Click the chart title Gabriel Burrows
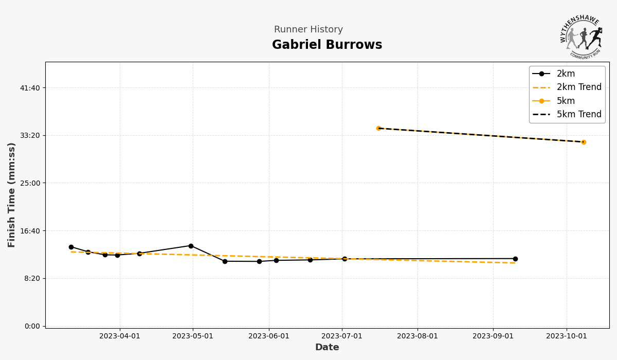pos(327,45)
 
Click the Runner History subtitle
pos(308,30)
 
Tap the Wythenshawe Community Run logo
pos(581,37)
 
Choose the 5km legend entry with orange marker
pos(566,101)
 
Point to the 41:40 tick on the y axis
pos(30,88)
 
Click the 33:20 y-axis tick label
pos(30,135)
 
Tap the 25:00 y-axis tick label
pos(30,183)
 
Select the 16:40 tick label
pos(30,231)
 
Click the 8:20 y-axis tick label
pos(31,278)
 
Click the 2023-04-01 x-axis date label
pos(120,336)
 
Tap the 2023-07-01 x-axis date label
pos(342,336)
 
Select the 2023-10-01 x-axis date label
pos(567,336)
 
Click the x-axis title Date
pos(327,348)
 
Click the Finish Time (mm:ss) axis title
pos(12,195)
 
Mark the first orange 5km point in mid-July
pos(378,128)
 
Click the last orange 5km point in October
pos(584,142)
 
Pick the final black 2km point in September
pos(515,259)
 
